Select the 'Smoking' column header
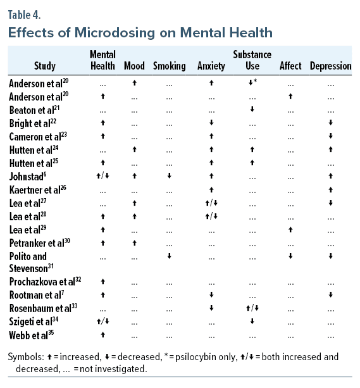click(169, 65)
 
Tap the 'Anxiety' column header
click(211, 65)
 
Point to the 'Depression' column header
click(330, 65)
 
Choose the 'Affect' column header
click(290, 65)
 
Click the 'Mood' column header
click(134, 65)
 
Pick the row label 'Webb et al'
click(30, 334)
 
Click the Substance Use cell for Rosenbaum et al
click(252, 308)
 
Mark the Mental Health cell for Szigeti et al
click(102, 321)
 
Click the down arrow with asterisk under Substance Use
click(252, 83)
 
